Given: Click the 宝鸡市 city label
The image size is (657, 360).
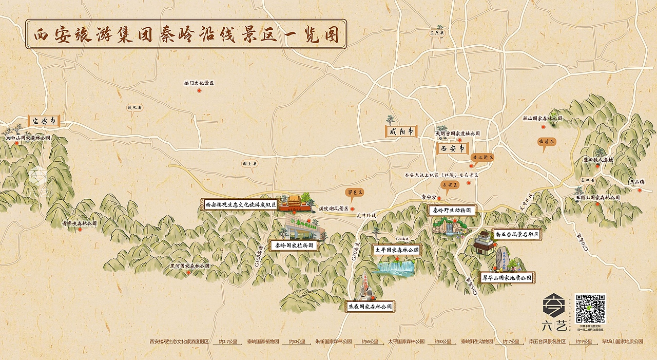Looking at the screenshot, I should click(44, 122).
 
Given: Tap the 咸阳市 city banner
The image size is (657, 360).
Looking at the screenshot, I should click(401, 131).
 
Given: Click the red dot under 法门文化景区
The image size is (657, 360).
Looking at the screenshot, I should click(199, 90).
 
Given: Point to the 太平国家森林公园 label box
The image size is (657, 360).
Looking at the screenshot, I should click(397, 250).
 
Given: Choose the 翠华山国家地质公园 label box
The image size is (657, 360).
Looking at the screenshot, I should click(507, 278).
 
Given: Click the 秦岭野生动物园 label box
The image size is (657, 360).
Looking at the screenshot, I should click(452, 210).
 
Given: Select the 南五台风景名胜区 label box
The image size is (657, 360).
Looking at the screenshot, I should click(517, 234).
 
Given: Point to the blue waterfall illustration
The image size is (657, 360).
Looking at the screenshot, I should click(396, 267).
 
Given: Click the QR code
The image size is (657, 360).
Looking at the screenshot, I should click(590, 308).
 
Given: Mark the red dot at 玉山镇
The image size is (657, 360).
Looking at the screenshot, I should click(640, 190).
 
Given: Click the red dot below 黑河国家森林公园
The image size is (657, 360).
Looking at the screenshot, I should click(188, 273).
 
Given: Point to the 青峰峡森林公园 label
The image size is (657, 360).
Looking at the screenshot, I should click(79, 223).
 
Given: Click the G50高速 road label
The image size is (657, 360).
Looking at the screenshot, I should click(354, 251).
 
